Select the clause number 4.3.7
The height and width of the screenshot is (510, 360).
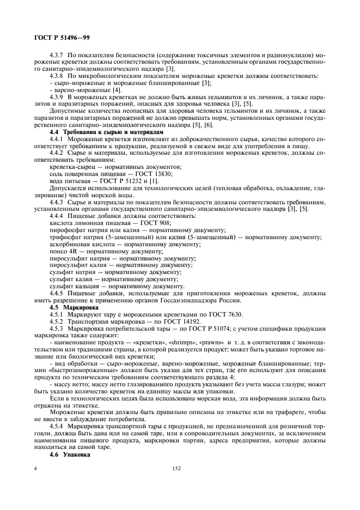pyautogui.click(x=57, y=56)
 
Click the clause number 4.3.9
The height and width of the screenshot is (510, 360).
pyautogui.click(x=57, y=96)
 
